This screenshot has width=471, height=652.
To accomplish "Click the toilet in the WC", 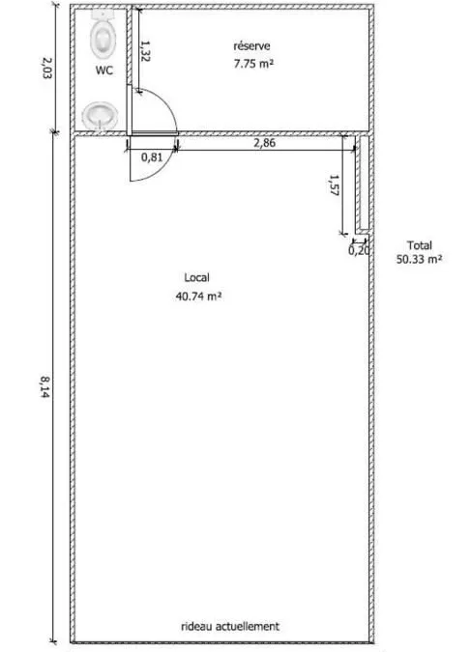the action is pos(103,33).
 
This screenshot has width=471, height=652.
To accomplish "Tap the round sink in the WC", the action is pos(100,117).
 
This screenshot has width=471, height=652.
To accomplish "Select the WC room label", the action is pos(104,71).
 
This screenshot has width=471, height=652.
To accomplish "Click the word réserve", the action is pos(251,45).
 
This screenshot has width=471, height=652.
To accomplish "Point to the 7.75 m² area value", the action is pos(253,64).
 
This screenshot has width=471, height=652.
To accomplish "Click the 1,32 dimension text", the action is pos(145,51).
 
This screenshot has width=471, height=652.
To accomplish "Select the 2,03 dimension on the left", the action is pos(47,68).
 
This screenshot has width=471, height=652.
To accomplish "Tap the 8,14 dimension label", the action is pos(45,386).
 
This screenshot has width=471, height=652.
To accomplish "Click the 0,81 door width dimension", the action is pos(152,157).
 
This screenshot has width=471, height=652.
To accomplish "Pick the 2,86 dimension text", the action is pos(265,143).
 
